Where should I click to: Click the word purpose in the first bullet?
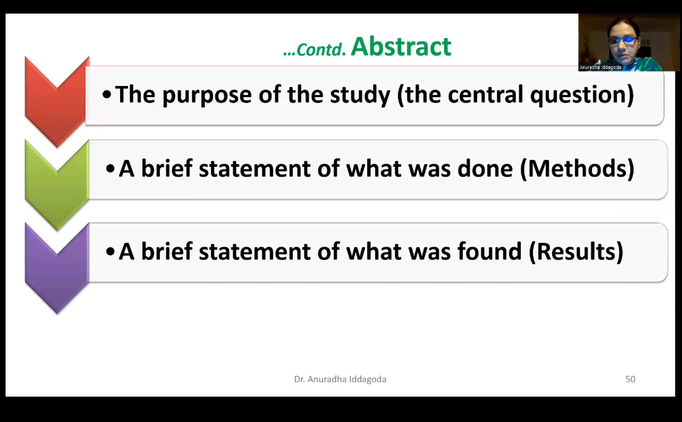207,95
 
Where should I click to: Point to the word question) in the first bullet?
582,95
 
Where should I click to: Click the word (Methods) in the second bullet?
577,169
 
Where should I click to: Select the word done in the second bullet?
485,169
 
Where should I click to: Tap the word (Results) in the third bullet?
576,252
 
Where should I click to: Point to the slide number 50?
630,379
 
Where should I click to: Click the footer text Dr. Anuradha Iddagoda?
340,379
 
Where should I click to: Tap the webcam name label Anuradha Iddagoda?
600,67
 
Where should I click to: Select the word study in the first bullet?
360,95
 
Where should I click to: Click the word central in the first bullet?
486,94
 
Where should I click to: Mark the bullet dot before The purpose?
107,95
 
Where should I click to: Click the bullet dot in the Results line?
110,252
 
